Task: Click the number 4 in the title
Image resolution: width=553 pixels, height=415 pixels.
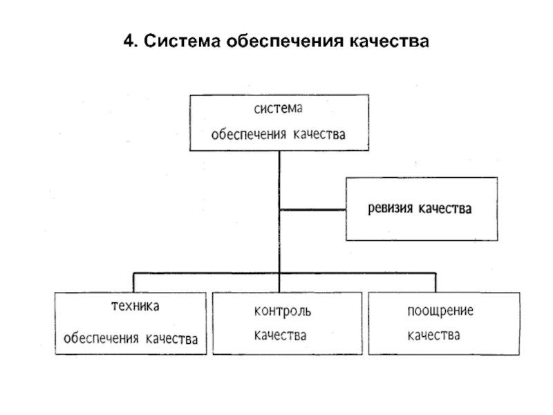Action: coord(129,41)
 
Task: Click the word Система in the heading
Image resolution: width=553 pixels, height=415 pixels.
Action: coord(182,41)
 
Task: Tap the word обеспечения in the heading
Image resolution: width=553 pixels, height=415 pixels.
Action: coord(285,41)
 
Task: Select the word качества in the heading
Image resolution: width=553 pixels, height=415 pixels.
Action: coord(389,41)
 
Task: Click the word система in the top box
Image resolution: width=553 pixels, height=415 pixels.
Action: coord(279,109)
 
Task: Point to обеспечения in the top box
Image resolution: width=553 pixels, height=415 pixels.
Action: coord(248,134)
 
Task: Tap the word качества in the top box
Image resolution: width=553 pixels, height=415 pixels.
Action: coord(319,134)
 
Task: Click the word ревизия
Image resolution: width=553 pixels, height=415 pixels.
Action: coord(390,209)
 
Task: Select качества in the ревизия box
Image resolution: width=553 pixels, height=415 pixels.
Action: coord(445,209)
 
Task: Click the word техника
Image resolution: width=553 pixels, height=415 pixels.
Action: coord(135,306)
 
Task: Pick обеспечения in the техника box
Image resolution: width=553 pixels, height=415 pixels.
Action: coord(101,339)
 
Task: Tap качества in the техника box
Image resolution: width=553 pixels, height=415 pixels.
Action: coord(171,339)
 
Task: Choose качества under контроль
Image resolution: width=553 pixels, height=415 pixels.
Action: coord(280,335)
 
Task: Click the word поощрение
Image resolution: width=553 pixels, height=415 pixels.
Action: coord(440,311)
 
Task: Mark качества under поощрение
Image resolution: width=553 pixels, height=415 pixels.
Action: coord(434,335)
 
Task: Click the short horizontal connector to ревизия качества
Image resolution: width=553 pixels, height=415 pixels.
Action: coord(313,210)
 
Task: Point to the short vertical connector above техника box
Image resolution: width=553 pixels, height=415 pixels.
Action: coord(133,283)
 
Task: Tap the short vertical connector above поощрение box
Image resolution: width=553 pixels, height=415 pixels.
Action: coord(435,283)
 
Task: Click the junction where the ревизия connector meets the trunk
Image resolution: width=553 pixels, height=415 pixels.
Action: coord(280,210)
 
